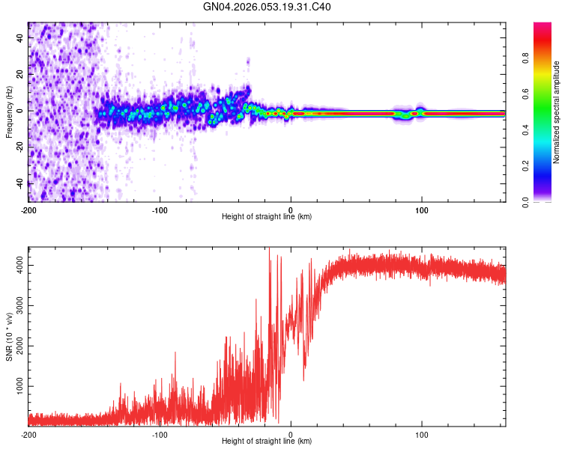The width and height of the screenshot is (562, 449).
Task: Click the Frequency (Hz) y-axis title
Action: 9,112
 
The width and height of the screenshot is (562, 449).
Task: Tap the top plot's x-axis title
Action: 267,217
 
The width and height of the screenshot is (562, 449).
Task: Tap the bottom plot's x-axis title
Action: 267,442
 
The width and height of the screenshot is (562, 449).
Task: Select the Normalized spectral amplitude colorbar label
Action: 557,112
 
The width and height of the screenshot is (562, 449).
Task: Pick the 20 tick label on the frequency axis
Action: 20,74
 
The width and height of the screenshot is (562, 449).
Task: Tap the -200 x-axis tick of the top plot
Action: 28,209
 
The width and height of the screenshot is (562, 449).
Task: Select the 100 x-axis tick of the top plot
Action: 422,209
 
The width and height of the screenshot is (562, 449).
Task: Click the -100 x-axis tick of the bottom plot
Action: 160,433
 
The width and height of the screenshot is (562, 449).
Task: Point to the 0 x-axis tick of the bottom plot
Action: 291,433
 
